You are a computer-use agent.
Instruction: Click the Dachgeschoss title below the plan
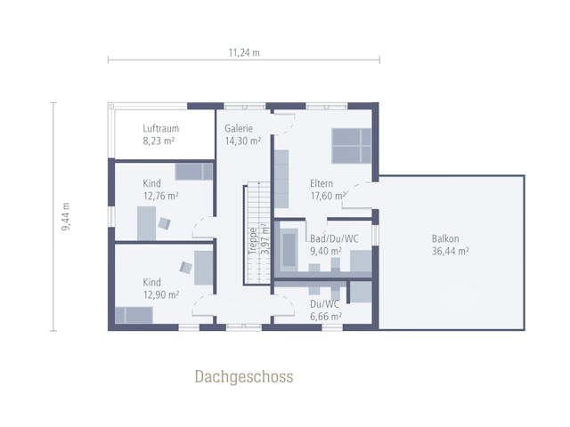(x=244, y=377)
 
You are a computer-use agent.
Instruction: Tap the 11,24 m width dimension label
(x=244, y=52)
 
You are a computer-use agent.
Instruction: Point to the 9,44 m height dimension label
(x=66, y=216)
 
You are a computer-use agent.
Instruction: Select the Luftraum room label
(x=160, y=128)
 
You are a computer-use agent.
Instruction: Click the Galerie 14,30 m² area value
(x=243, y=141)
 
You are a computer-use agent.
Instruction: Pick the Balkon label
(x=445, y=238)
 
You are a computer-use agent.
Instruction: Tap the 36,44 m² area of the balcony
(x=450, y=251)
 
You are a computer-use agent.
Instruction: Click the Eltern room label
(x=322, y=183)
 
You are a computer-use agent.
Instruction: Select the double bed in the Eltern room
(x=352, y=146)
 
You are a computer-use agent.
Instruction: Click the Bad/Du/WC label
(x=334, y=238)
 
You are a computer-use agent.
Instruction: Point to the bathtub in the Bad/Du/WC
(x=289, y=249)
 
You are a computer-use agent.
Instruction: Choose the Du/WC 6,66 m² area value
(x=326, y=317)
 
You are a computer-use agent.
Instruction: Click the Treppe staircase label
(x=253, y=241)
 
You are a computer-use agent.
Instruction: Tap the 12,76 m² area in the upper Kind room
(x=160, y=196)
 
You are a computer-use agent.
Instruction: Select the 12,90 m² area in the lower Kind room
(x=161, y=294)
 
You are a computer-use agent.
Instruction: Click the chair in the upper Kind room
(x=164, y=223)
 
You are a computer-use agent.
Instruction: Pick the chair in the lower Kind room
(x=186, y=268)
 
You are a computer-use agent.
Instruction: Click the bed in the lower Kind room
(x=134, y=315)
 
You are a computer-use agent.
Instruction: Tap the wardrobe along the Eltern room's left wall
(x=281, y=179)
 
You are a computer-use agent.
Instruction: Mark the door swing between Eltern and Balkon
(x=356, y=196)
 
